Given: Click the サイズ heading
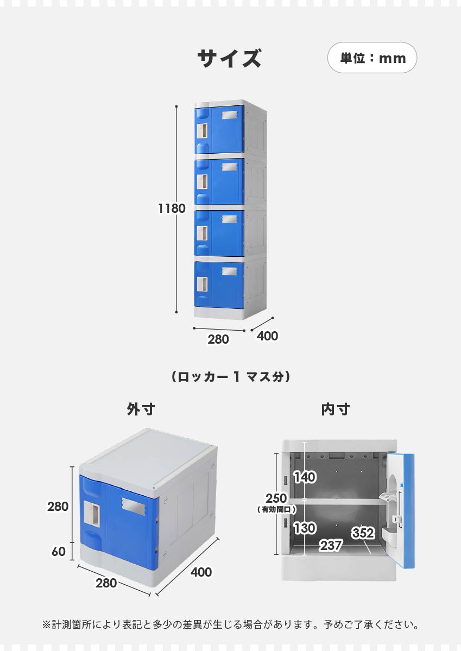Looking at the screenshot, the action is (x=229, y=58).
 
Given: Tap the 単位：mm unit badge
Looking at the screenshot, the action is (x=372, y=58).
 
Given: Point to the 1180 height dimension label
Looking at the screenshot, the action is (x=172, y=208).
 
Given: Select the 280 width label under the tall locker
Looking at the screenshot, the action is (x=218, y=339).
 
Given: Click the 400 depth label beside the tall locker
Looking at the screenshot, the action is (x=267, y=336).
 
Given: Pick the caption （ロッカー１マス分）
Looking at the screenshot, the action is (x=230, y=376).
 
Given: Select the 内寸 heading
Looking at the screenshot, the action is (x=335, y=409).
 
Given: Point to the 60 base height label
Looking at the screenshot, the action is (x=58, y=552).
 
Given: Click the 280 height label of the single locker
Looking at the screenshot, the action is (x=58, y=507).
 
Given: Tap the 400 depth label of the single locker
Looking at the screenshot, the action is (x=200, y=572).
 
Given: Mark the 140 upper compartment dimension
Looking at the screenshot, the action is (x=305, y=477).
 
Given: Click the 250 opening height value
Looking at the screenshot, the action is (x=276, y=498).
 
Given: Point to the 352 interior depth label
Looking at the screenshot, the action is (x=363, y=533).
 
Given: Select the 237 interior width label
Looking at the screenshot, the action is (x=331, y=546).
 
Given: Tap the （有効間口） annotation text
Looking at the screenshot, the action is (x=276, y=510).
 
